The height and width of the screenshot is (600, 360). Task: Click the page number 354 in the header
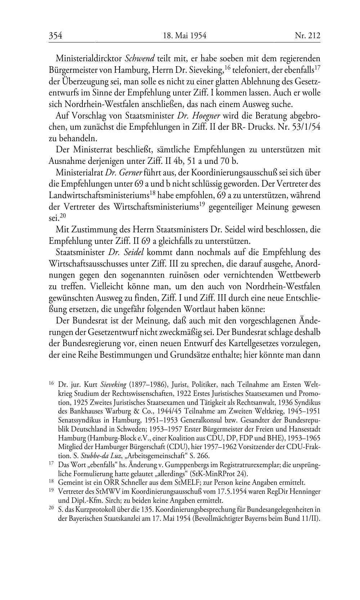[x=56, y=35]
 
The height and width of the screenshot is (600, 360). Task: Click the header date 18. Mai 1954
[x=184, y=35]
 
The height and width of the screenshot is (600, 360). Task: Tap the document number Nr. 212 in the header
[x=307, y=35]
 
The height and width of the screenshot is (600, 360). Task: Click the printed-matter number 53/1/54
[x=305, y=127]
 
